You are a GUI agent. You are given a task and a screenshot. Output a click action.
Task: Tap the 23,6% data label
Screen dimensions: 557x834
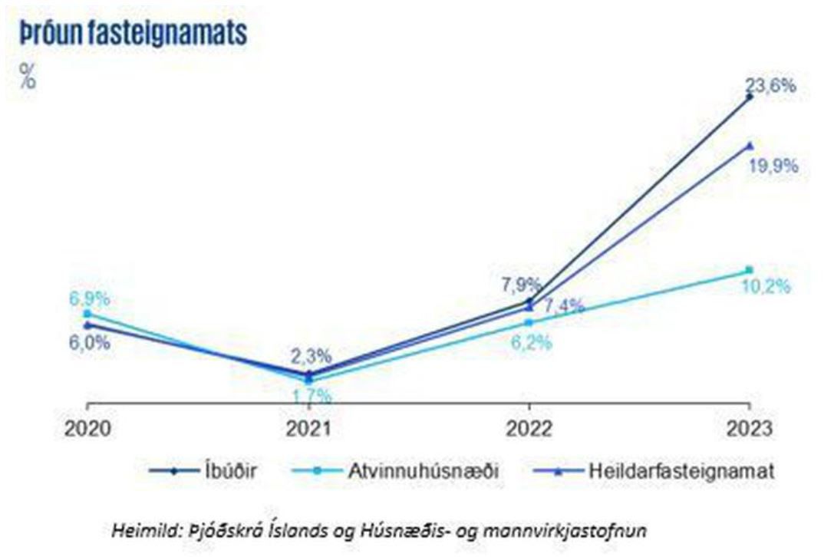pyautogui.click(x=770, y=85)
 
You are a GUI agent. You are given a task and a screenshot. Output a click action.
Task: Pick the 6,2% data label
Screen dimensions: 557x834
pyautogui.click(x=531, y=343)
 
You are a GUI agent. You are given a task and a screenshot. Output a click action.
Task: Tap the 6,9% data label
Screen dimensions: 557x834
pyautogui.click(x=89, y=299)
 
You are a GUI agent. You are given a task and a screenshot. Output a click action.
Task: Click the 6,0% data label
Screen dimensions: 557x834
pyautogui.click(x=89, y=343)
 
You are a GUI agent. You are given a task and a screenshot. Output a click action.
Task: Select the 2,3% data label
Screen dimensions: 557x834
pyautogui.click(x=311, y=356)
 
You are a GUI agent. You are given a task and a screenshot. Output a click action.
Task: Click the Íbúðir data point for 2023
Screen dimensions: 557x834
pyautogui.click(x=750, y=97)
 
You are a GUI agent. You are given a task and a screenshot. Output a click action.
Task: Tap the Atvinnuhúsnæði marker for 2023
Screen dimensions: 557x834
pyautogui.click(x=750, y=270)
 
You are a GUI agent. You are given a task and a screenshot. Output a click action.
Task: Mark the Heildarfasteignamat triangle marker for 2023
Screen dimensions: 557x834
pyautogui.click(x=750, y=144)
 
